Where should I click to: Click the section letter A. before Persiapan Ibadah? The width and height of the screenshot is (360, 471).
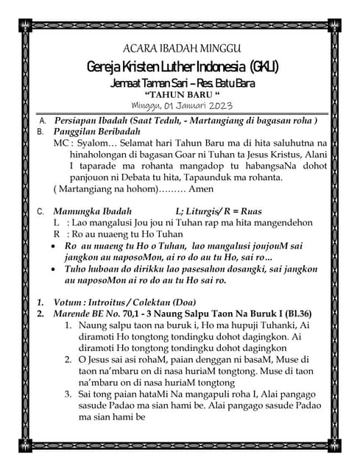pyautogui.click(x=42, y=120)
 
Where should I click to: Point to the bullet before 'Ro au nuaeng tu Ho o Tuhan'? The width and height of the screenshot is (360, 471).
pyautogui.click(x=56, y=245)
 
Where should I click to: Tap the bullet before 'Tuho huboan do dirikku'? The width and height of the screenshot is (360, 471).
pyautogui.click(x=56, y=269)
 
